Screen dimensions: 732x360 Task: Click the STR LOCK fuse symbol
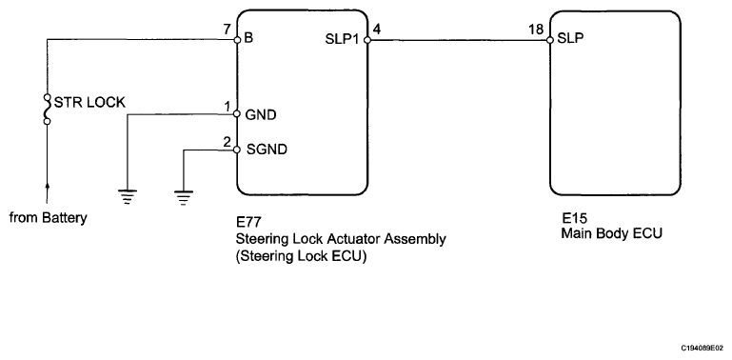pyautogui.click(x=47, y=110)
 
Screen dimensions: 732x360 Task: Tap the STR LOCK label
pyautogui.click(x=89, y=102)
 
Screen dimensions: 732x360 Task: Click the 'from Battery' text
pyautogui.click(x=49, y=217)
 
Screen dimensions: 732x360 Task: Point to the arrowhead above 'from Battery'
pyautogui.click(x=47, y=187)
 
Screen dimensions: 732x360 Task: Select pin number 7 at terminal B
pyautogui.click(x=228, y=30)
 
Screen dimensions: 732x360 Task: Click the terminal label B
pyautogui.click(x=248, y=38)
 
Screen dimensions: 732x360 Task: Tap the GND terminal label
pyautogui.click(x=261, y=114)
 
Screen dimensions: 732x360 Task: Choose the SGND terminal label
pyautogui.click(x=267, y=150)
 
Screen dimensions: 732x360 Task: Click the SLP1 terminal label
pyautogui.click(x=342, y=40)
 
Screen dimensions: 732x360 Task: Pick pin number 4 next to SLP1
pyautogui.click(x=377, y=29)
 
